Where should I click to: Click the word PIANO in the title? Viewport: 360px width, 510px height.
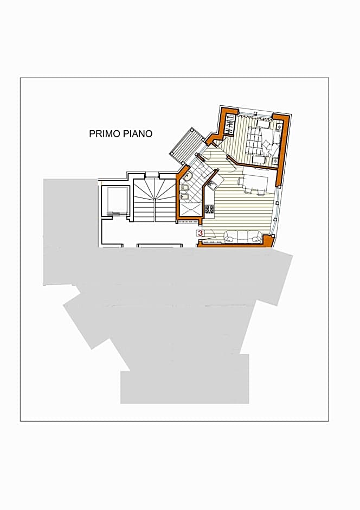137,133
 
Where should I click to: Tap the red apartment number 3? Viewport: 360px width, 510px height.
200,233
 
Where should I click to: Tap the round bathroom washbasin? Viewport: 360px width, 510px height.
187,176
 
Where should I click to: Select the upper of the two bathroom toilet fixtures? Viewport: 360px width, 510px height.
183,188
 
